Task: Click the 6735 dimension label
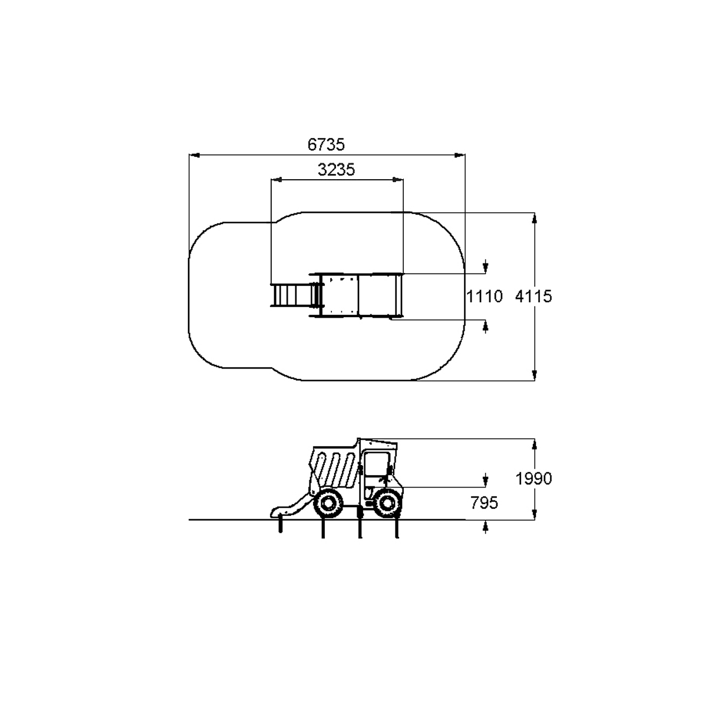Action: tap(326, 144)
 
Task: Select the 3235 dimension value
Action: tap(336, 170)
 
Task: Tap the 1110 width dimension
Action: tap(484, 296)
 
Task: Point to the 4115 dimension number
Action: tap(533, 296)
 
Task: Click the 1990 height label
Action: tap(534, 479)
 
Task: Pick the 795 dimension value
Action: tap(484, 503)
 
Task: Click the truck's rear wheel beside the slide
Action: tap(328, 503)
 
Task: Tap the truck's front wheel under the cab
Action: tap(387, 503)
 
